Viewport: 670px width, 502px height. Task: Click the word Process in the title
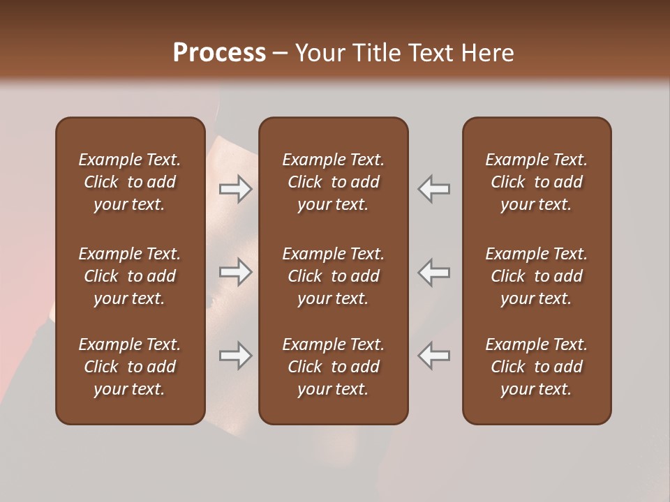[x=219, y=53]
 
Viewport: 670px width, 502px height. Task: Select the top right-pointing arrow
[x=236, y=189]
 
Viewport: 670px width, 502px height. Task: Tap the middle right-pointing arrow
[x=236, y=272]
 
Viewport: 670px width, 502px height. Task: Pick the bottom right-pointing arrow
[x=236, y=356]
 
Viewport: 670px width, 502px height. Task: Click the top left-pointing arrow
[x=433, y=189]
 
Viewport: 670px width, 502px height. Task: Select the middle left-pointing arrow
[x=433, y=272]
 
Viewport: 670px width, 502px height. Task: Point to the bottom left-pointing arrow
[x=433, y=356]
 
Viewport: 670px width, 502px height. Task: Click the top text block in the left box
[x=130, y=182]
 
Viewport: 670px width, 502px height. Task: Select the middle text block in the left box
[x=130, y=276]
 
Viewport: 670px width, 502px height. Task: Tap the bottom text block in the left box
[x=130, y=367]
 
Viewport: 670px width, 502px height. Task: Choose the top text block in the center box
[x=333, y=182]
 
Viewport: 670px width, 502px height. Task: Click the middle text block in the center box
[x=333, y=276]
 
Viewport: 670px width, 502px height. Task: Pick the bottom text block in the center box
[x=333, y=367]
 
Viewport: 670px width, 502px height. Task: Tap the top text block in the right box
[x=537, y=182]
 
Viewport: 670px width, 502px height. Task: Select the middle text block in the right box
[x=537, y=276]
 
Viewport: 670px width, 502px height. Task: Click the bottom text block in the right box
[x=537, y=367]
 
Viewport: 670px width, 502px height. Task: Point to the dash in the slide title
[x=280, y=54]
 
